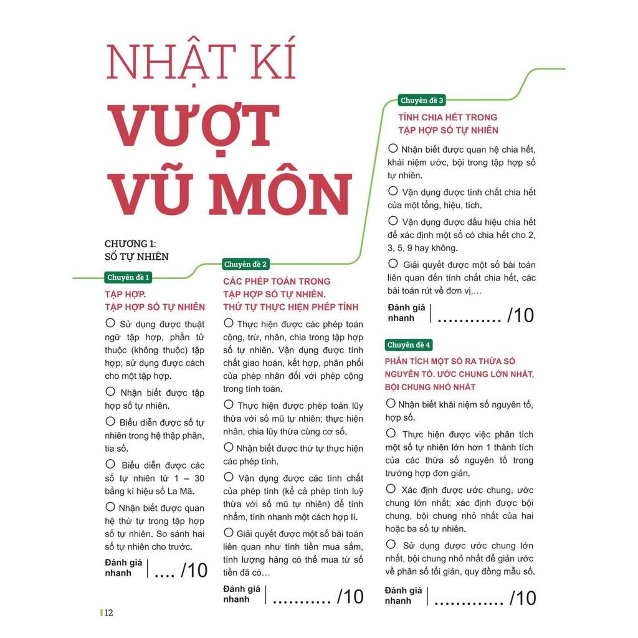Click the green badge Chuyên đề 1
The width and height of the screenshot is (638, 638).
pyautogui.click(x=128, y=277)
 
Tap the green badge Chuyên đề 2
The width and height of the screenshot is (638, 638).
pyautogui.click(x=246, y=264)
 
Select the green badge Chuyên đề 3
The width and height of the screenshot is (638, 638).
pyautogui.click(x=422, y=100)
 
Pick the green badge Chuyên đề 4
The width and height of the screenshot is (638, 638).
pyautogui.click(x=409, y=345)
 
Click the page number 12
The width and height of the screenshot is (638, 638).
pyautogui.click(x=108, y=612)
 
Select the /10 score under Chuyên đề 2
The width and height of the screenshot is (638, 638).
pyautogui.click(x=350, y=596)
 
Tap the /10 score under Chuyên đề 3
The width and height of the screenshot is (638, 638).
pyautogui.click(x=520, y=315)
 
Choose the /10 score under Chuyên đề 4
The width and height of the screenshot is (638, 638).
pyautogui.click(x=522, y=598)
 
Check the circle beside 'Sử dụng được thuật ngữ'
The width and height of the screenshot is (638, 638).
pyautogui.click(x=110, y=323)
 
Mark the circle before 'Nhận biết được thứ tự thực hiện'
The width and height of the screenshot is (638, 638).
pyautogui.click(x=228, y=447)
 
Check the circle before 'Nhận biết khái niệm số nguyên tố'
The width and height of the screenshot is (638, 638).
pyautogui.click(x=391, y=404)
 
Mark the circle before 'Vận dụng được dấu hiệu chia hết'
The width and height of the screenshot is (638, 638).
pyautogui.click(x=393, y=221)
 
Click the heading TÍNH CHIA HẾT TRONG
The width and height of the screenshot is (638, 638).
pyautogui.click(x=447, y=117)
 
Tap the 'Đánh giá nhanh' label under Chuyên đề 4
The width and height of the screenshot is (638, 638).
pyautogui.click(x=403, y=596)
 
